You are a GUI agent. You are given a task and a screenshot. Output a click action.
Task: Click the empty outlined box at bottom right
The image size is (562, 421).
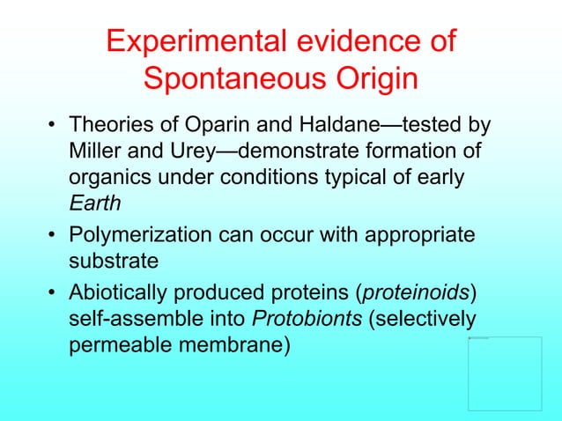coord(505,373)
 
